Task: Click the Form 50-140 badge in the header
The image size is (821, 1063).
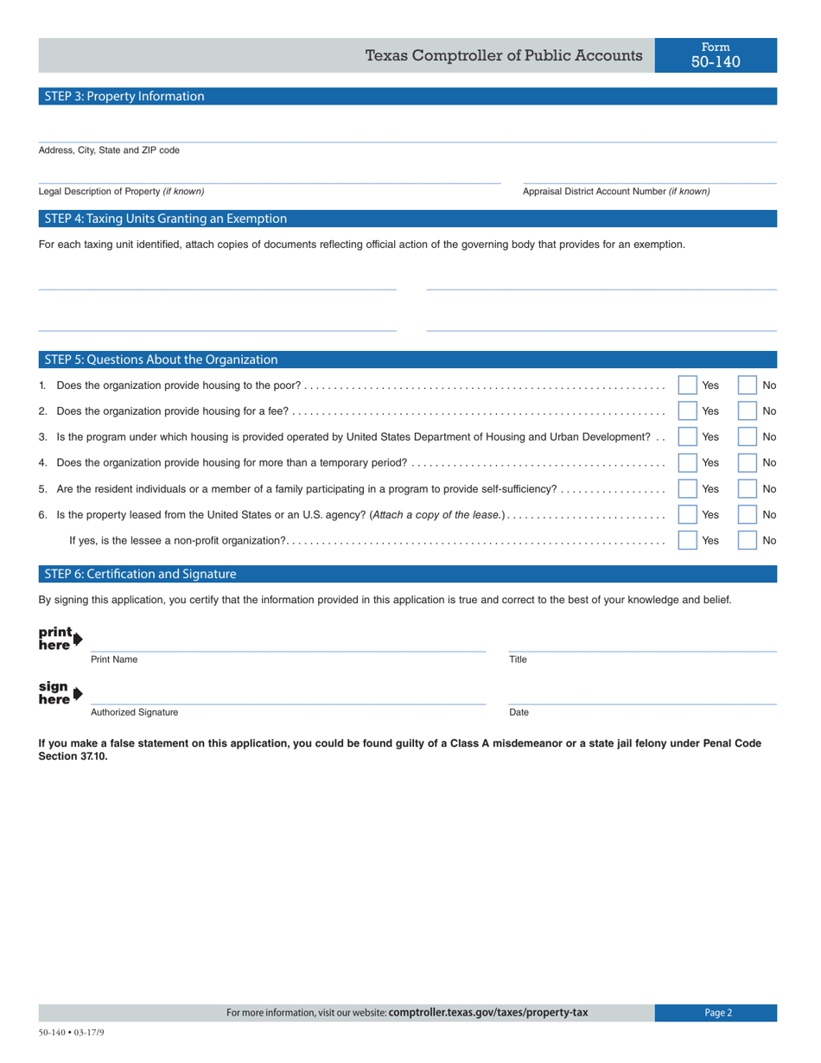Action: click(x=716, y=54)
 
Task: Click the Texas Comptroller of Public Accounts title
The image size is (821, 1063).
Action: click(x=504, y=55)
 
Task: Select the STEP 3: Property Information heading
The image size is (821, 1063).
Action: click(x=124, y=97)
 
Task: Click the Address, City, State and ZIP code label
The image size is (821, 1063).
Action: click(x=109, y=150)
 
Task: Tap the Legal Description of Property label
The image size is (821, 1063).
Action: click(x=122, y=191)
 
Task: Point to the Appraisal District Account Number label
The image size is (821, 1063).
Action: click(x=616, y=191)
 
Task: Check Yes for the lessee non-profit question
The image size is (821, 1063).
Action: click(x=688, y=540)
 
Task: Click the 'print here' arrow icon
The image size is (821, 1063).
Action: click(x=60, y=638)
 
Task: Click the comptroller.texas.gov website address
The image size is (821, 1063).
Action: click(x=488, y=1013)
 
